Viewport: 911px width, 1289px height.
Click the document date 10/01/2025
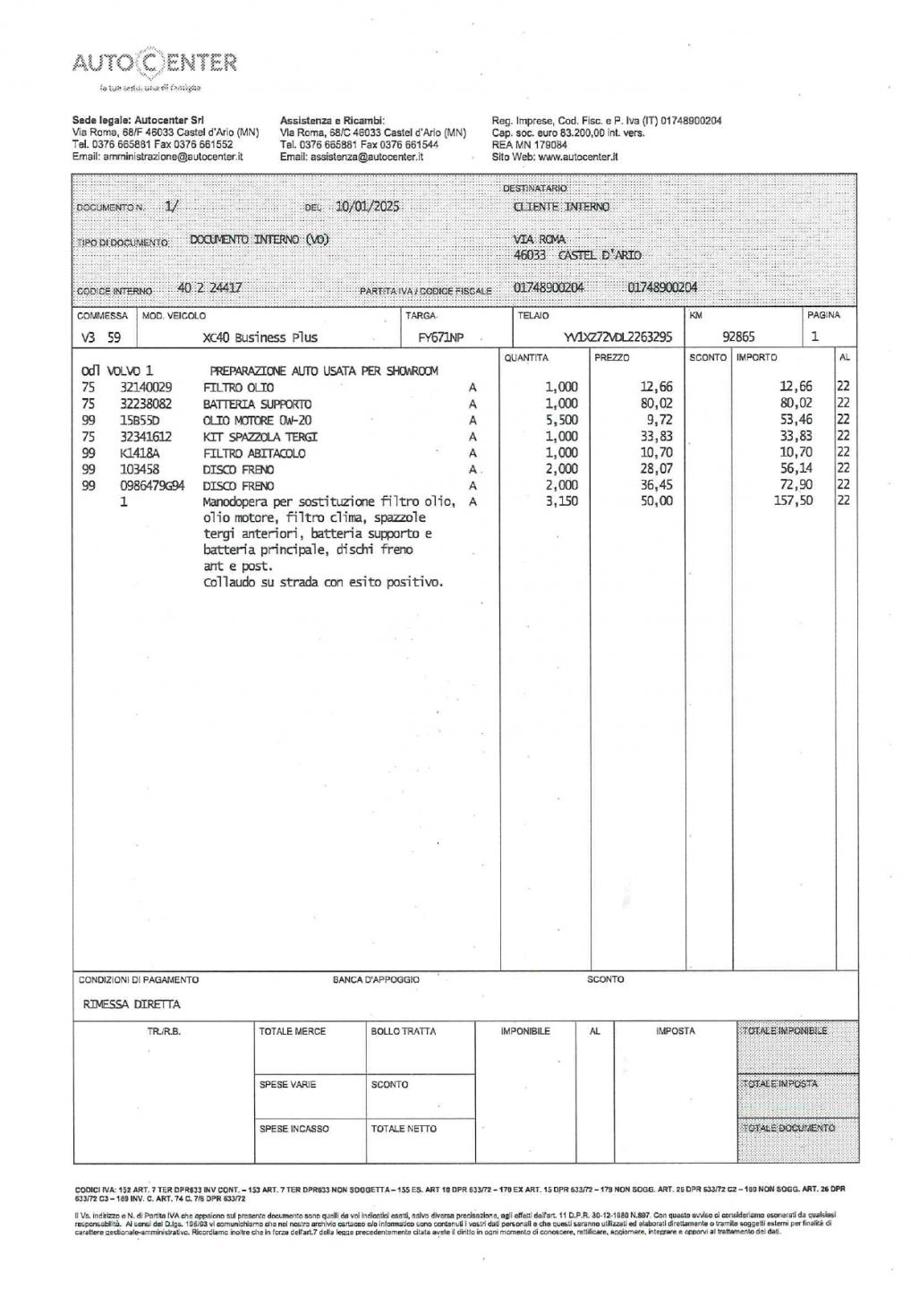(x=367, y=206)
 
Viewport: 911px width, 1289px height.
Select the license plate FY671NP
(x=441, y=337)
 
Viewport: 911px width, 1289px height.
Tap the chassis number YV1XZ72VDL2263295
(x=618, y=337)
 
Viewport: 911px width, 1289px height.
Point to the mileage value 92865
(x=738, y=337)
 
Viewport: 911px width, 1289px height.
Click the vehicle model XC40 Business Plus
(x=260, y=337)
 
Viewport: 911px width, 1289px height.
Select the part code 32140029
(x=145, y=388)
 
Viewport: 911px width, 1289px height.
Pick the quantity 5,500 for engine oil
(x=561, y=421)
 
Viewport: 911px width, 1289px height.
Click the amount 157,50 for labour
(x=793, y=501)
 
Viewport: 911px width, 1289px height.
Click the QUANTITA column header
(x=526, y=358)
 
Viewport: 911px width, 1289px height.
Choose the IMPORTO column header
(x=756, y=358)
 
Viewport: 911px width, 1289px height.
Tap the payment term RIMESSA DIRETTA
(x=132, y=1004)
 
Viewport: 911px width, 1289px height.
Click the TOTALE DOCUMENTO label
(x=789, y=1128)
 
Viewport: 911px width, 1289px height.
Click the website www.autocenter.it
(x=578, y=157)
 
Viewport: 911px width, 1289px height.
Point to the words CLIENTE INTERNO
(x=561, y=207)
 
